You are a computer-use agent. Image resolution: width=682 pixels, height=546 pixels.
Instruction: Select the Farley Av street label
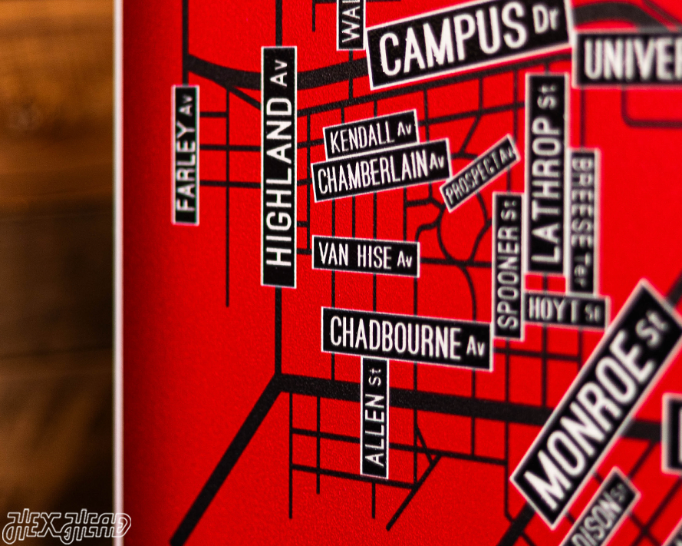pyautogui.click(x=186, y=155)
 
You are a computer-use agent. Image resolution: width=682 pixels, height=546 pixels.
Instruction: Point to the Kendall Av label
pyautogui.click(x=371, y=135)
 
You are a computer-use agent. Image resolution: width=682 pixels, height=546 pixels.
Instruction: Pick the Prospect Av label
pyautogui.click(x=480, y=173)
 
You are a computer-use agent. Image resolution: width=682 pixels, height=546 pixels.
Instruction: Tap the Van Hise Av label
pyautogui.click(x=366, y=256)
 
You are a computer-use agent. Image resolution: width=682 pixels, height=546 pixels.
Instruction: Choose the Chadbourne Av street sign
pyautogui.click(x=407, y=338)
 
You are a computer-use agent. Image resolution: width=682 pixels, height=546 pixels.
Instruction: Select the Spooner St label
pyautogui.click(x=508, y=266)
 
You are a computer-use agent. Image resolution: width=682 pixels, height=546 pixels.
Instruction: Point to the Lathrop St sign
pyautogui.click(x=546, y=174)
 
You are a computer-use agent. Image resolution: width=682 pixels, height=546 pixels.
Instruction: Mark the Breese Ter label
pyautogui.click(x=582, y=220)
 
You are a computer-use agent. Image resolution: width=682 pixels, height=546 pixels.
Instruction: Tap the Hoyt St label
pyautogui.click(x=565, y=311)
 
